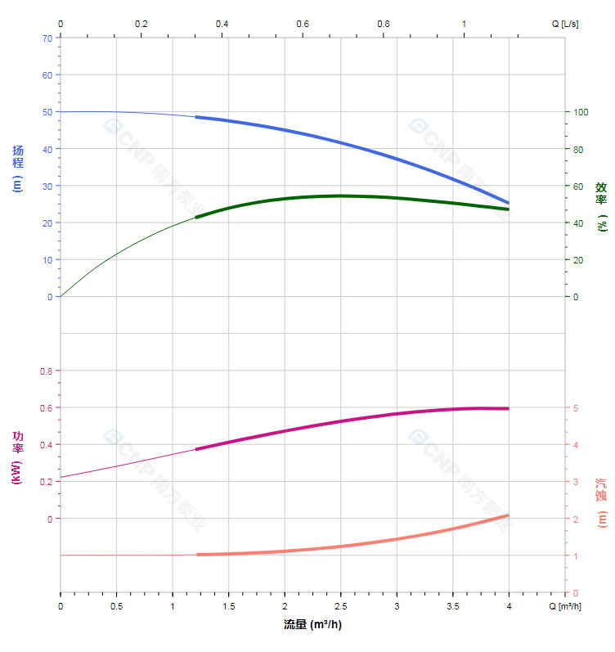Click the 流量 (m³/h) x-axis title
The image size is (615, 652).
click(x=312, y=625)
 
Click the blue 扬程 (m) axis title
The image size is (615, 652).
click(x=18, y=169)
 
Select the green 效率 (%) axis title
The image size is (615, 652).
click(x=601, y=205)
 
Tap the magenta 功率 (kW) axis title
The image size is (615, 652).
click(x=17, y=457)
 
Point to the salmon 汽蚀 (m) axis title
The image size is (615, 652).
click(x=601, y=502)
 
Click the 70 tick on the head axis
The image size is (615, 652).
click(x=46, y=38)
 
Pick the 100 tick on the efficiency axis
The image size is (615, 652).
click(x=581, y=112)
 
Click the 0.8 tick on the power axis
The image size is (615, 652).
click(x=45, y=371)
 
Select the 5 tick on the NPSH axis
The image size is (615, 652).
click(x=577, y=408)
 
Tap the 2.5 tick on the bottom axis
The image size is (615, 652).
click(x=341, y=606)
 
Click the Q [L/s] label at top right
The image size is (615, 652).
click(x=565, y=24)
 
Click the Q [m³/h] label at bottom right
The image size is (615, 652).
click(x=566, y=606)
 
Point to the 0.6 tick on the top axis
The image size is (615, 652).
click(x=303, y=24)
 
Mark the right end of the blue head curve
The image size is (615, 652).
click(x=508, y=203)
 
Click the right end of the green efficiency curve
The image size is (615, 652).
click(x=508, y=209)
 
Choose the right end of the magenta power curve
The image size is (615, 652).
click(x=508, y=408)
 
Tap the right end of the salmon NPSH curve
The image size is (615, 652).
click(x=508, y=515)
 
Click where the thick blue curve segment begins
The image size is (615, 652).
click(x=197, y=117)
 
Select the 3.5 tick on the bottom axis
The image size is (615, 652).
click(x=453, y=606)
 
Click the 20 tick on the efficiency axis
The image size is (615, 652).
click(x=579, y=260)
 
